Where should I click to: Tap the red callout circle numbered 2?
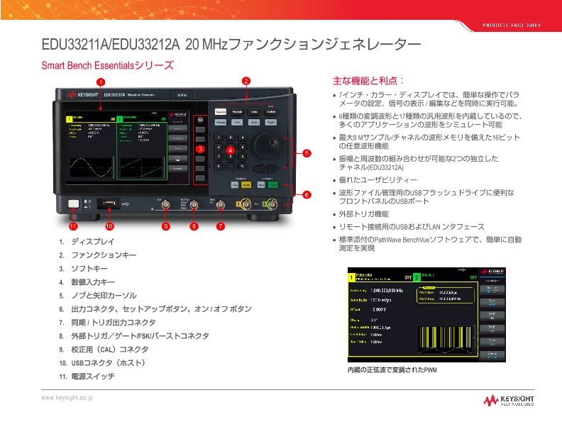coord(246,81)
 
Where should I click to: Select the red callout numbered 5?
coord(307,153)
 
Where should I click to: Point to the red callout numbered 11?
coord(72,227)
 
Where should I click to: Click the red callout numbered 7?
coord(221,227)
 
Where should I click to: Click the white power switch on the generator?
coord(72,204)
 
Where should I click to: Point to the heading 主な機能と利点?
coord(368,81)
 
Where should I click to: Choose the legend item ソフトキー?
coord(89,268)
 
